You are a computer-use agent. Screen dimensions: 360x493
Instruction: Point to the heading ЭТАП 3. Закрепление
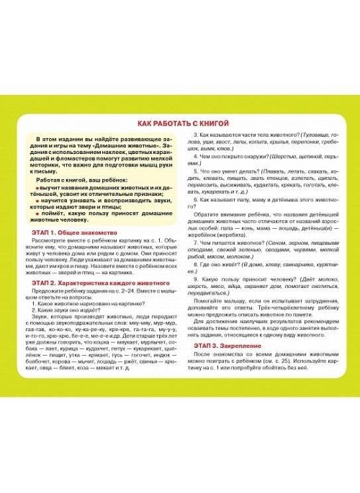tap(227, 346)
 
